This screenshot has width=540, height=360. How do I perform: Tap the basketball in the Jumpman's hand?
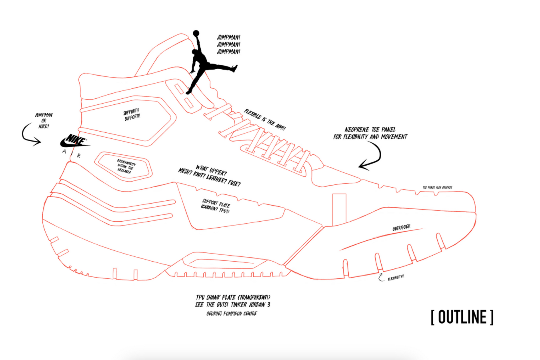coord(196,33)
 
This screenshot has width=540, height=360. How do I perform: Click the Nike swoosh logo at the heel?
coord(75,141)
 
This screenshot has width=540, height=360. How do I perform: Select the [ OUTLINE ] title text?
coord(462,317)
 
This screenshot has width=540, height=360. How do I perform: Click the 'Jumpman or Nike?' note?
coord(44,120)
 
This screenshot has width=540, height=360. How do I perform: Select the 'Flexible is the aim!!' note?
coord(265,120)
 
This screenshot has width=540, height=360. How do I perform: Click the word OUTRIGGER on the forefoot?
coord(401,228)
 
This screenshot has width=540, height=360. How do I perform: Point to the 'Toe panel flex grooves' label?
coord(437,187)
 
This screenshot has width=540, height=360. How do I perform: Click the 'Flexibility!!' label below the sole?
coord(396,278)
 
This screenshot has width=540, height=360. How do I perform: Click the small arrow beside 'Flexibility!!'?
coord(381,277)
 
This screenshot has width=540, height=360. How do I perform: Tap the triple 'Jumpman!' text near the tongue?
coord(228,44)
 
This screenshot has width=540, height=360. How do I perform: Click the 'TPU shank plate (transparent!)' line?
coord(233,297)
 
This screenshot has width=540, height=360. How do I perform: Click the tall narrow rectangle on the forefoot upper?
coord(339,209)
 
